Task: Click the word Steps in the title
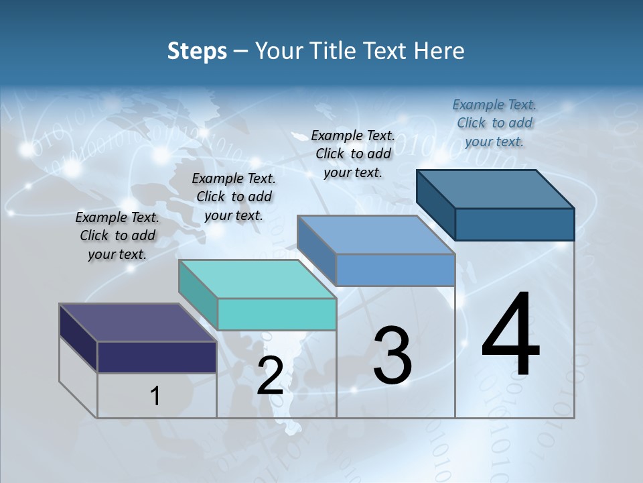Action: coord(197,51)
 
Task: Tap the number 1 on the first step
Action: coord(155,396)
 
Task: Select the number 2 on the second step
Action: coord(270,376)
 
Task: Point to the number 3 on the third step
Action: coord(392,356)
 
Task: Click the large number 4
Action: coord(511,335)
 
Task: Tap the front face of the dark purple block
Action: coord(157,357)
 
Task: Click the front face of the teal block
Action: coord(277,314)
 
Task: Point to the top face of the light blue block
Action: coord(376,235)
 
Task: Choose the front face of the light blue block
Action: coord(395,270)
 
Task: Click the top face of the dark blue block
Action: coord(495,189)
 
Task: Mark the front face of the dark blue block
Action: coord(514,224)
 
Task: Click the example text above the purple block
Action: coord(117,235)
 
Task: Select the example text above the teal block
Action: coord(234,197)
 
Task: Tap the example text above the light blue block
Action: coord(353,154)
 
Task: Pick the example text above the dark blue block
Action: coord(494,123)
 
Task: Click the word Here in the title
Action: coord(439,51)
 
